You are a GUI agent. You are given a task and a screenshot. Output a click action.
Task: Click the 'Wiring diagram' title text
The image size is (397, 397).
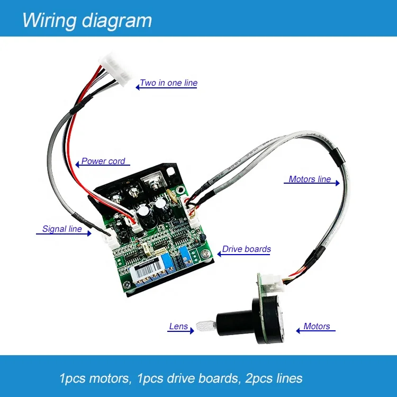coord(87,20)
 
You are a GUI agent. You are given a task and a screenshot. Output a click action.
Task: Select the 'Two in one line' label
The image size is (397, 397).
coord(168,83)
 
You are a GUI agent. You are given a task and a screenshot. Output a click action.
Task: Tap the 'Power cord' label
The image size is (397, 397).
coord(103,161)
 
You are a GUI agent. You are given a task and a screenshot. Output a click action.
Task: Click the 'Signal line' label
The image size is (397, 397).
coord(62,229)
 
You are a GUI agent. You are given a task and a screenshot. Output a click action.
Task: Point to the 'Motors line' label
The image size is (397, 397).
coord(310,179)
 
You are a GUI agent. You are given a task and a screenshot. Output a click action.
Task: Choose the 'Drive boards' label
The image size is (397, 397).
coord(246,249)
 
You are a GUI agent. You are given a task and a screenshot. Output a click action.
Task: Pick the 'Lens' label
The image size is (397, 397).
coord(178,327)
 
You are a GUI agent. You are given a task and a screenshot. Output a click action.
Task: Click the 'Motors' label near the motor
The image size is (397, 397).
coord(317,327)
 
